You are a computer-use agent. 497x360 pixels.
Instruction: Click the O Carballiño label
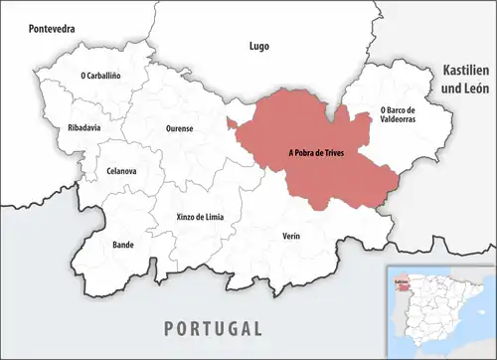tap(100, 76)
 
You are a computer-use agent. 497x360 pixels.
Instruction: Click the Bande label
tap(95, 243)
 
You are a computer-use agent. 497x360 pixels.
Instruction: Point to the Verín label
tap(288, 236)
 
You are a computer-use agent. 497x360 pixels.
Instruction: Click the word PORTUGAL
tap(214, 328)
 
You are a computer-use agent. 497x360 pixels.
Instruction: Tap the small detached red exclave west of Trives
tap(231, 123)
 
